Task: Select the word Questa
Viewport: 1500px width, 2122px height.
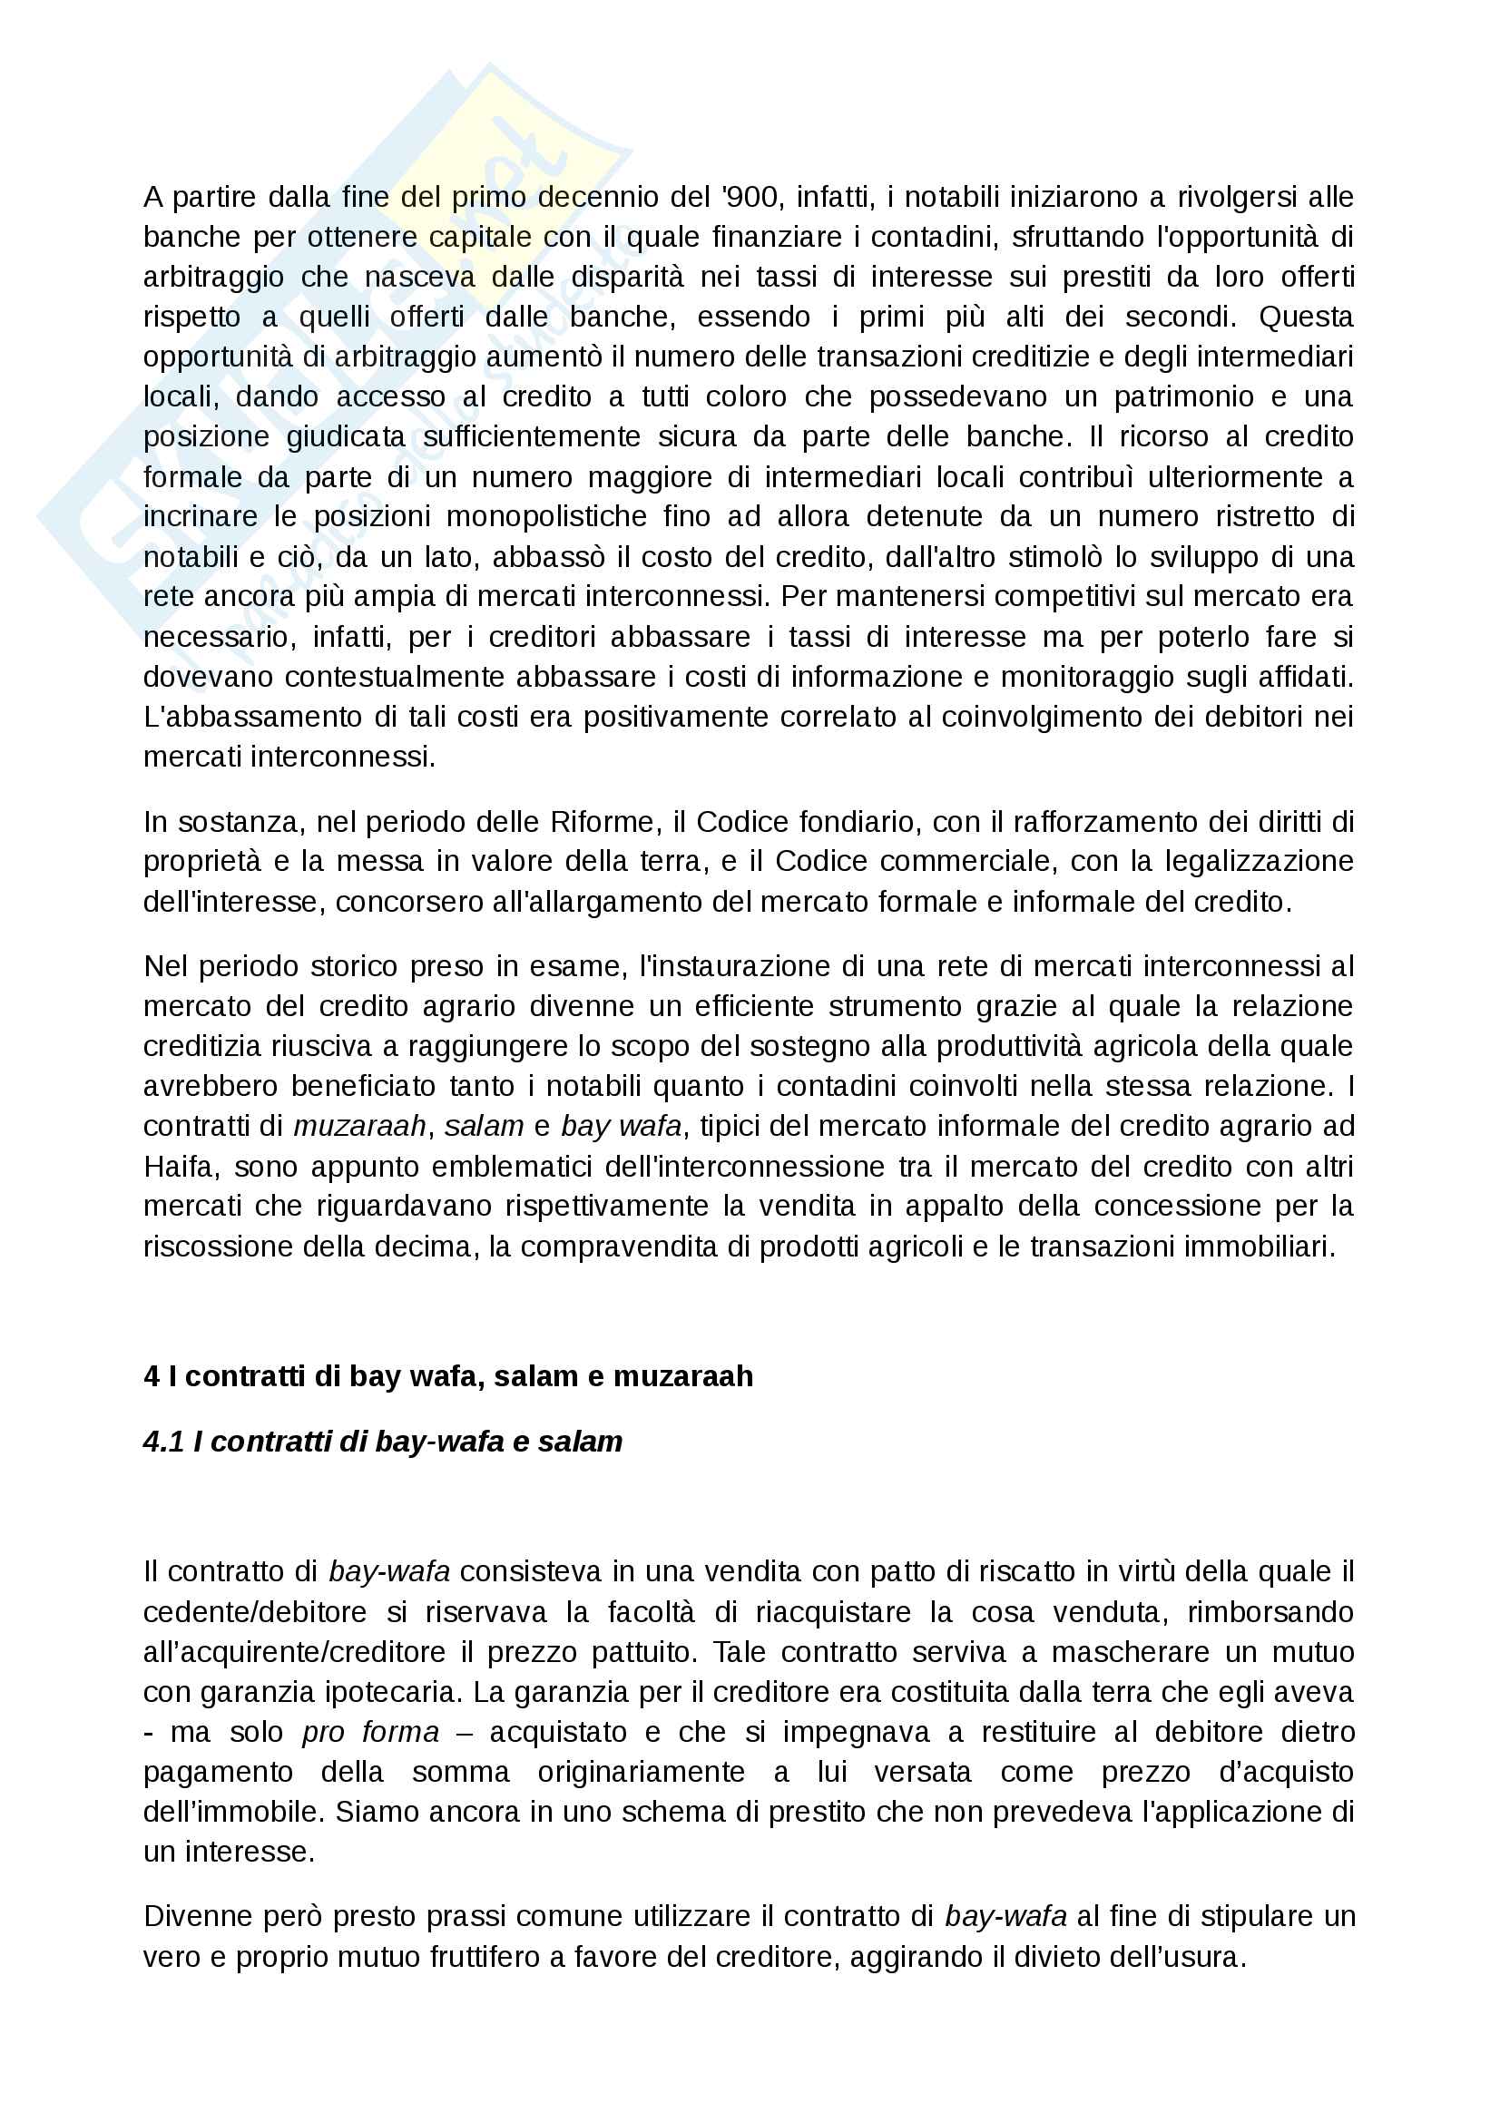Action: point(1306,317)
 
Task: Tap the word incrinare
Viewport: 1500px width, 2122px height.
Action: point(201,516)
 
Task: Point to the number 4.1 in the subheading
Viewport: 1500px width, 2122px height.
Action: point(163,1442)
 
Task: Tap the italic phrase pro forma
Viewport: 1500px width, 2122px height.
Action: point(369,1732)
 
